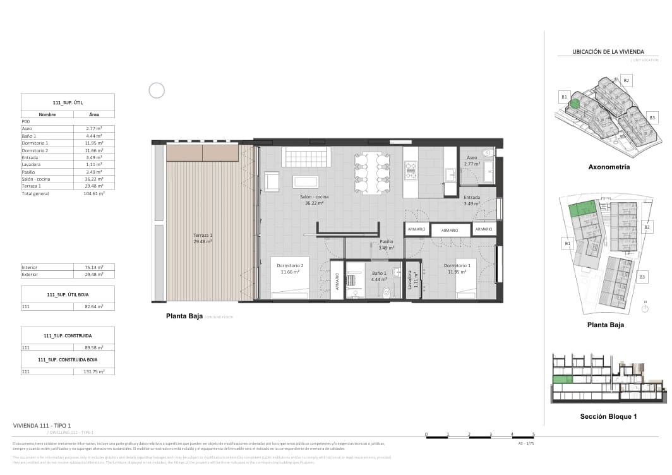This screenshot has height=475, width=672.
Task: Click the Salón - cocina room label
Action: tap(313, 197)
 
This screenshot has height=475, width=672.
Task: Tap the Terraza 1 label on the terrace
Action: tap(202, 235)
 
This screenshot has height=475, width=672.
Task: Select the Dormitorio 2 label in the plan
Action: tap(290, 265)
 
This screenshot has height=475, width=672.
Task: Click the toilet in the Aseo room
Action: tap(488, 153)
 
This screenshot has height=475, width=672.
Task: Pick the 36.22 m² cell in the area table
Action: tap(94, 179)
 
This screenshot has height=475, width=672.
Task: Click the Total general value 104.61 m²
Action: tap(94, 193)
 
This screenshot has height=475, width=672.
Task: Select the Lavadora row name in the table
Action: tap(31, 164)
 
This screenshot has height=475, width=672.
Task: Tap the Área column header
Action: tap(94, 114)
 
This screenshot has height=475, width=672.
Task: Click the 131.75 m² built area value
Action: tap(94, 371)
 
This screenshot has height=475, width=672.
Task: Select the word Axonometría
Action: tap(608, 167)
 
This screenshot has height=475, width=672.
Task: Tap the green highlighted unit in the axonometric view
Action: tap(575, 104)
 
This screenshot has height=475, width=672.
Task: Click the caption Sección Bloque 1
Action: tap(608, 416)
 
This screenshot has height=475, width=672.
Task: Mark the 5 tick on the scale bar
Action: tap(534, 434)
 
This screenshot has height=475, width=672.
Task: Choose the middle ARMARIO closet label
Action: tap(450, 231)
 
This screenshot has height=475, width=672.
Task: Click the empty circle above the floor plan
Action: tap(157, 90)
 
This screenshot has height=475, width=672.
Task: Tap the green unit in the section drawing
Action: tap(562, 379)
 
